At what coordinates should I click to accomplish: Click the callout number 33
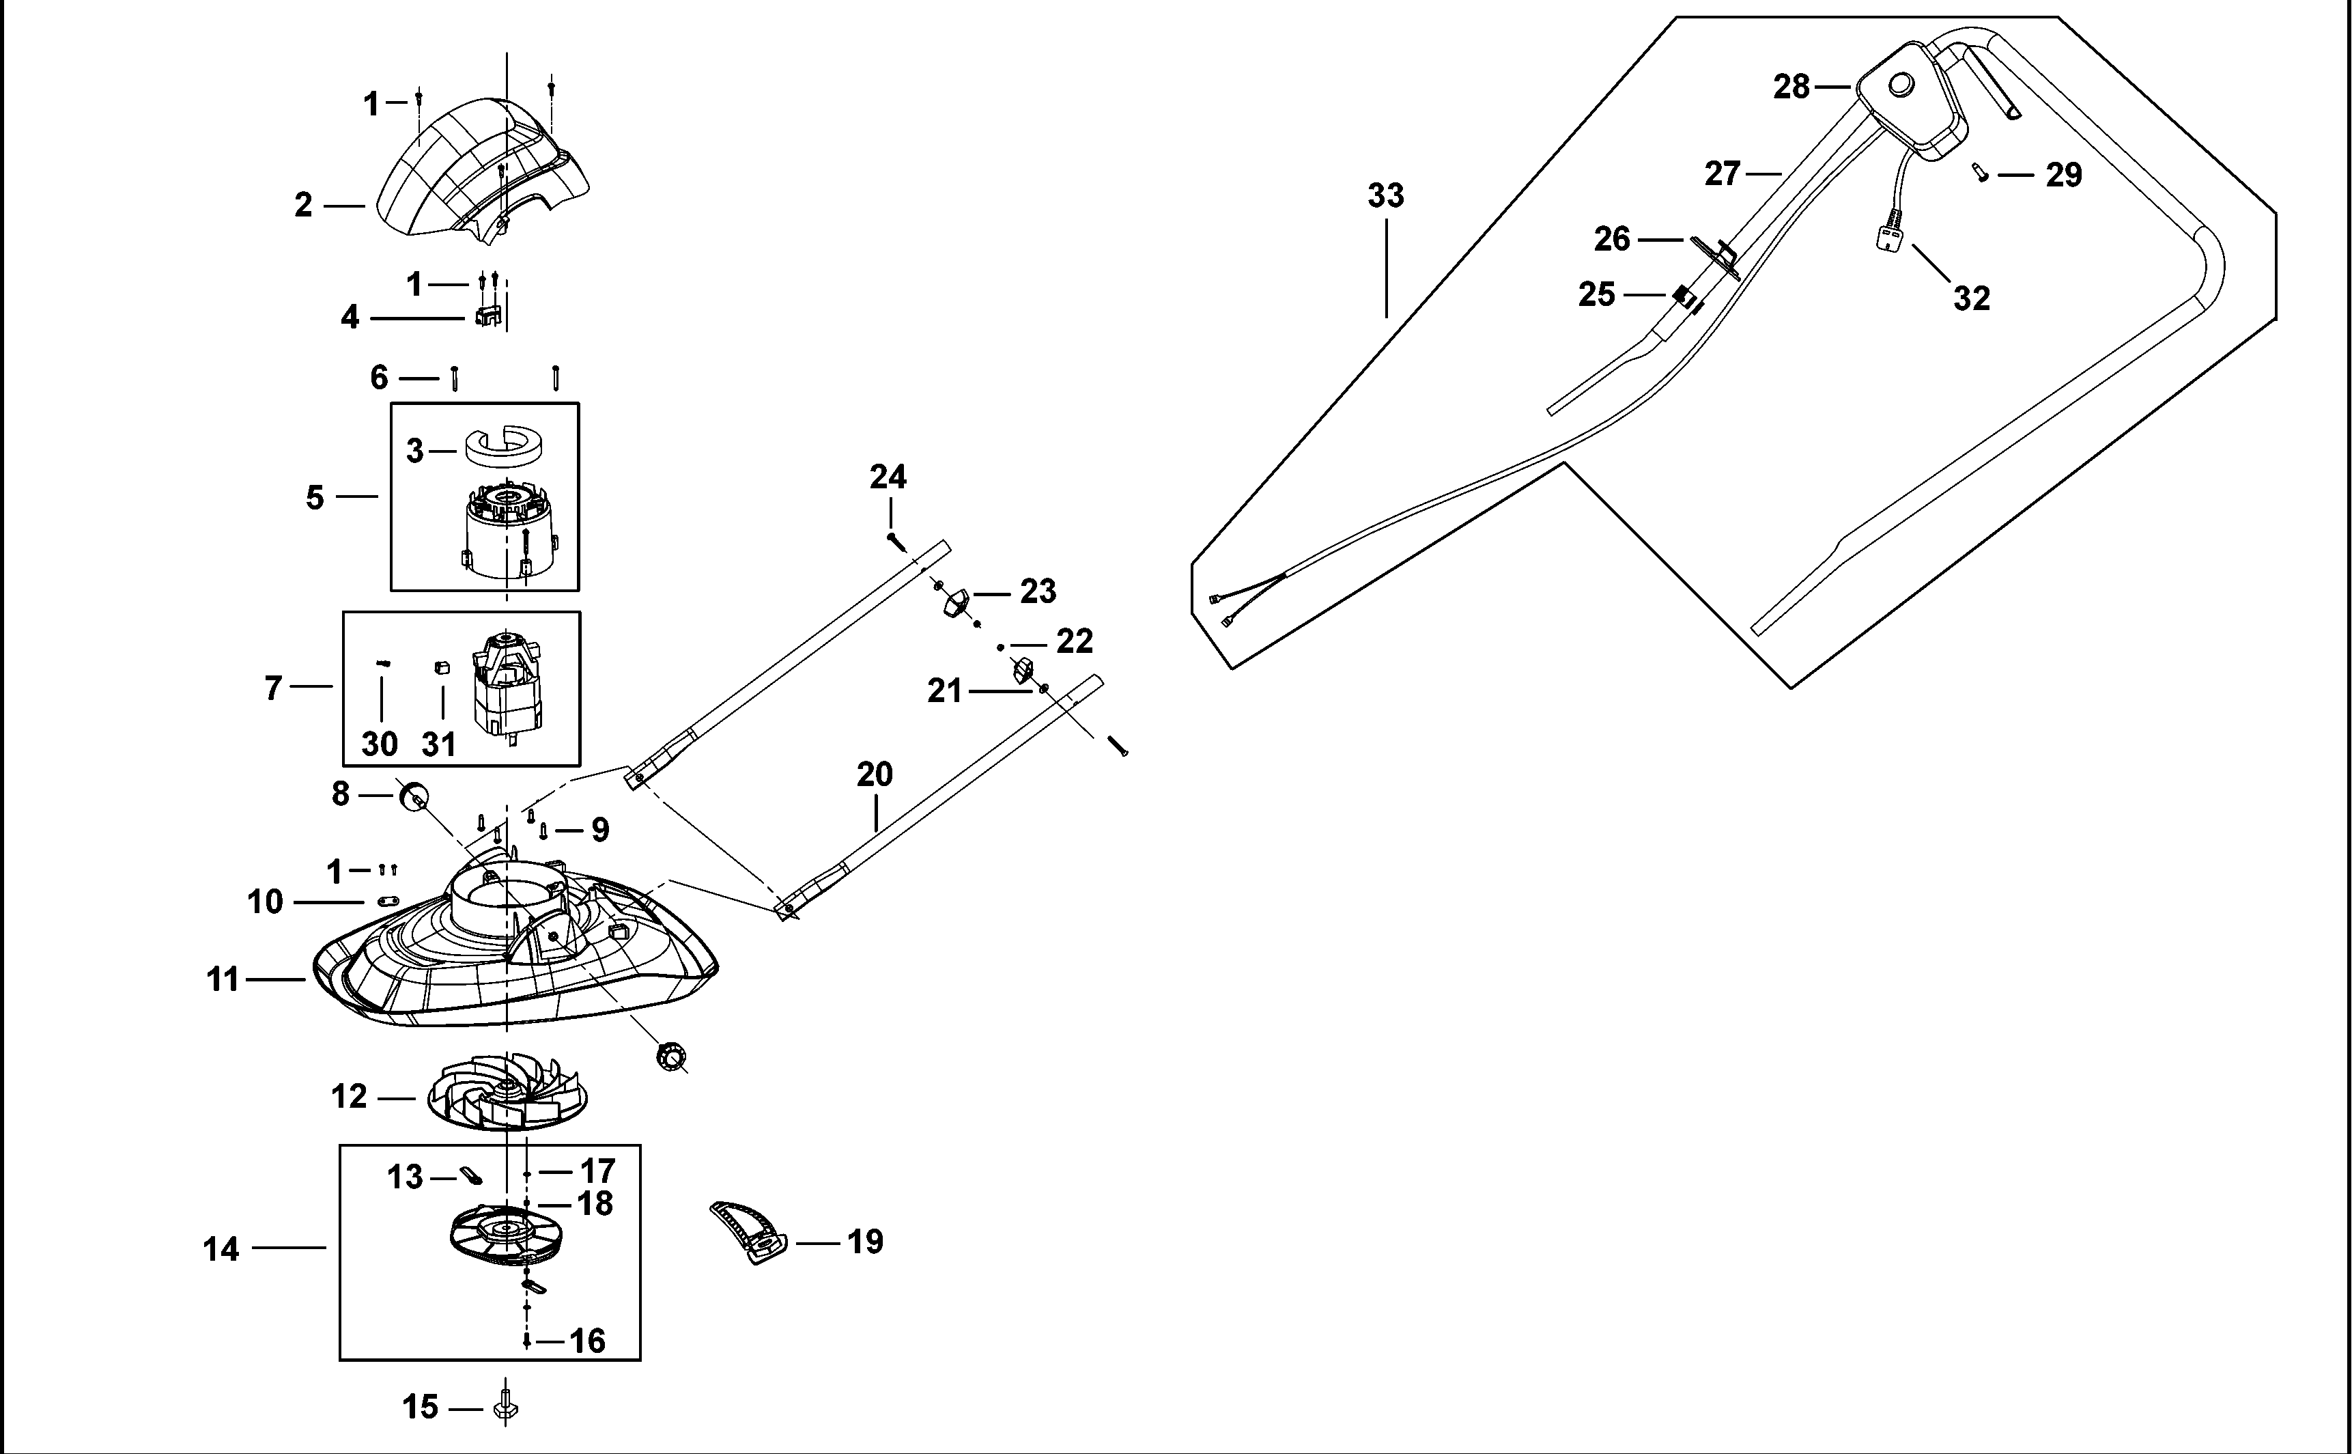[1385, 196]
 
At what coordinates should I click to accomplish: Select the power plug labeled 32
[1890, 235]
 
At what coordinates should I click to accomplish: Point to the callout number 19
[864, 1242]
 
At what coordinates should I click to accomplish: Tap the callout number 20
[875, 774]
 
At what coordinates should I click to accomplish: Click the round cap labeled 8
[413, 795]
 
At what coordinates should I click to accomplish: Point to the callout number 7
[274, 688]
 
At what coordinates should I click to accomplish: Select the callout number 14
[221, 1249]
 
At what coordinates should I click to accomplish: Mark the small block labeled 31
[443, 667]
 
